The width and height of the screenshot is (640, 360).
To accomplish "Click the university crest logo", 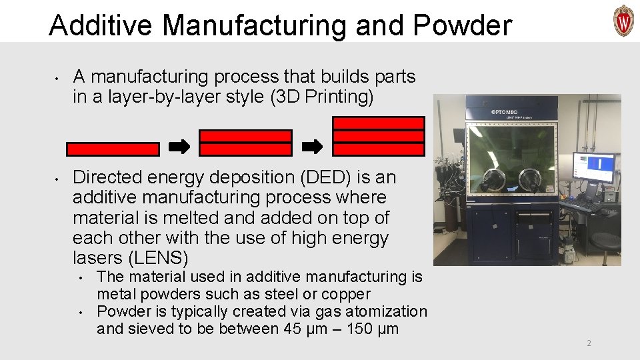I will coord(623,20).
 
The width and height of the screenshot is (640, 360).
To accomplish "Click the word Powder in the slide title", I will coord(463,25).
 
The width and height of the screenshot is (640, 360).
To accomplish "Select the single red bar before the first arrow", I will coord(113,149).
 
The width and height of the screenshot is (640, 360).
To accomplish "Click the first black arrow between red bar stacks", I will coord(179,146).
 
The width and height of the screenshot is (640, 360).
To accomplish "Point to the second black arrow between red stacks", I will coord(313,146).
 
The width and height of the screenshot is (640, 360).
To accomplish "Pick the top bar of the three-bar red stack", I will coord(379,123).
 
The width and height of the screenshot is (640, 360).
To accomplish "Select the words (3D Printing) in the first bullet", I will coord(323,97).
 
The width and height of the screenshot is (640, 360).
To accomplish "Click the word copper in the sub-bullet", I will coord(346,294).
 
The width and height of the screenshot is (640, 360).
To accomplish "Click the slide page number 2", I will coord(589,343).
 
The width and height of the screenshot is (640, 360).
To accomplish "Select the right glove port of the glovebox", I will coord(531,178).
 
